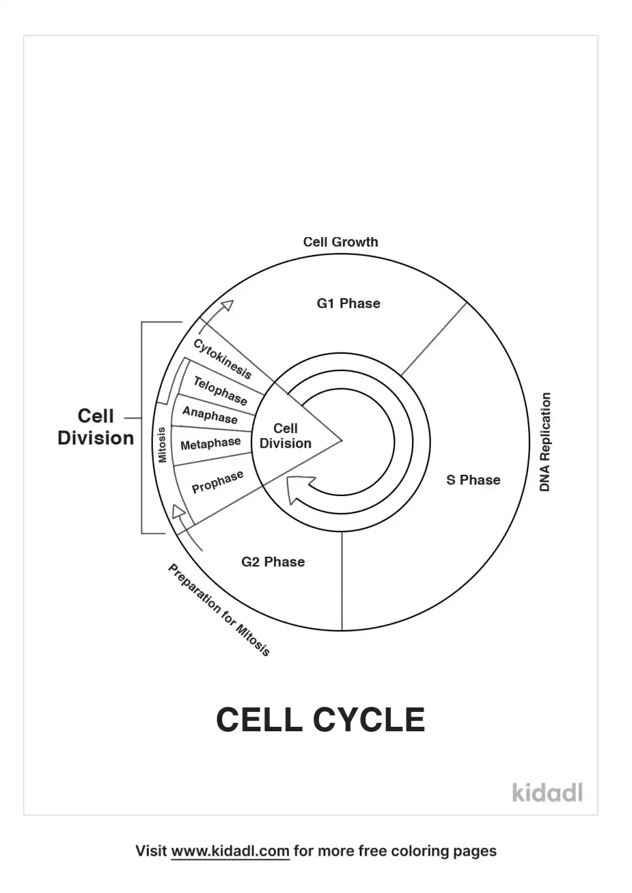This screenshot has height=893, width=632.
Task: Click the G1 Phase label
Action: click(x=348, y=303)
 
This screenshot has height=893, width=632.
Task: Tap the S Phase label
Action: click(x=473, y=480)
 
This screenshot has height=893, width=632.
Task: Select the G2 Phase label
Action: click(x=273, y=562)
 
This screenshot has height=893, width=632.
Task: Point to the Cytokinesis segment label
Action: click(x=222, y=359)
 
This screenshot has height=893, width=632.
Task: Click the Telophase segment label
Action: click(x=220, y=391)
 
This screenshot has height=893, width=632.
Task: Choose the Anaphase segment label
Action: click(x=210, y=415)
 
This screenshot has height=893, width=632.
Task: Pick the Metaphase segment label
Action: click(x=210, y=444)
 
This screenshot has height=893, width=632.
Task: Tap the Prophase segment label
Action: click(x=217, y=482)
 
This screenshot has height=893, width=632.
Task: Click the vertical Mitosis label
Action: click(x=162, y=445)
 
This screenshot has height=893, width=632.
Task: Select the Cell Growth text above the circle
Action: click(x=341, y=242)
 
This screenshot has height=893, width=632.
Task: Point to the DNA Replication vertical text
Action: click(x=545, y=442)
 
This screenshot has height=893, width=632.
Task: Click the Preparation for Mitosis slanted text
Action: click(x=219, y=610)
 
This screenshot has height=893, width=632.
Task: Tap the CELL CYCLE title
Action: click(x=321, y=720)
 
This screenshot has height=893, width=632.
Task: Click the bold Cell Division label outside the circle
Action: click(x=95, y=427)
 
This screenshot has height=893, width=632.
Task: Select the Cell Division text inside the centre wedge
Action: click(x=285, y=436)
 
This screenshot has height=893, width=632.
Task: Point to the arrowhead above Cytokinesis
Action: click(x=226, y=307)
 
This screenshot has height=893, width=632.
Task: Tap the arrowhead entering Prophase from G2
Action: click(x=179, y=512)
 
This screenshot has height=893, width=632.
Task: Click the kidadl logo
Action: click(x=548, y=792)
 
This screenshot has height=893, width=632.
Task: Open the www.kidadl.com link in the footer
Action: click(x=230, y=851)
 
